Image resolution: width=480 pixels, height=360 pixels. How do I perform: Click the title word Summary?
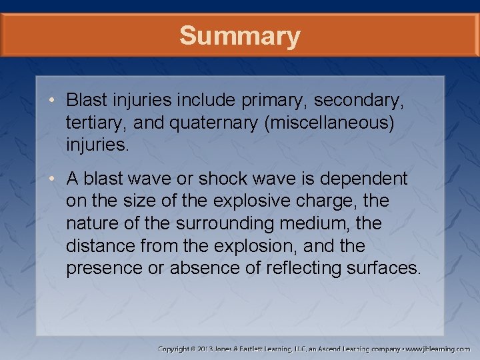coord(239,36)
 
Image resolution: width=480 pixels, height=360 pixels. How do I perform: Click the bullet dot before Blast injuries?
coord(52,101)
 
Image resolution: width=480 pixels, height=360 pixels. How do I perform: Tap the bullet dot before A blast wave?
coord(52,179)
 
